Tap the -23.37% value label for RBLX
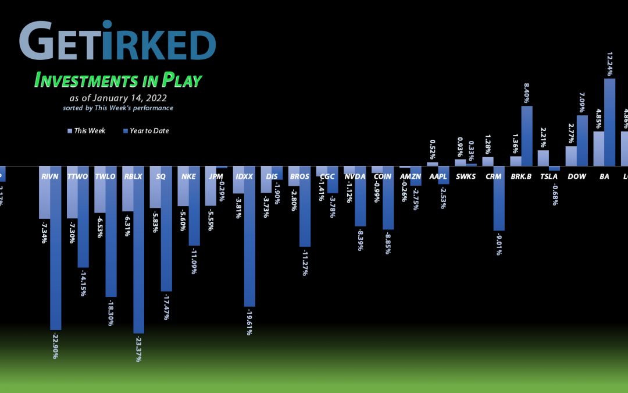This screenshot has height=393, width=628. [138, 348]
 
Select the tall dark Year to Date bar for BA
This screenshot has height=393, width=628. [609, 123]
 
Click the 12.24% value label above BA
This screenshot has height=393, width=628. [609, 62]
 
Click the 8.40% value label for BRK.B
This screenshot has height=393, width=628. [526, 91]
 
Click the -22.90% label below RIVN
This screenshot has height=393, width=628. [56, 345]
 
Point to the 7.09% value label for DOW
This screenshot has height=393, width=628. [582, 102]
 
